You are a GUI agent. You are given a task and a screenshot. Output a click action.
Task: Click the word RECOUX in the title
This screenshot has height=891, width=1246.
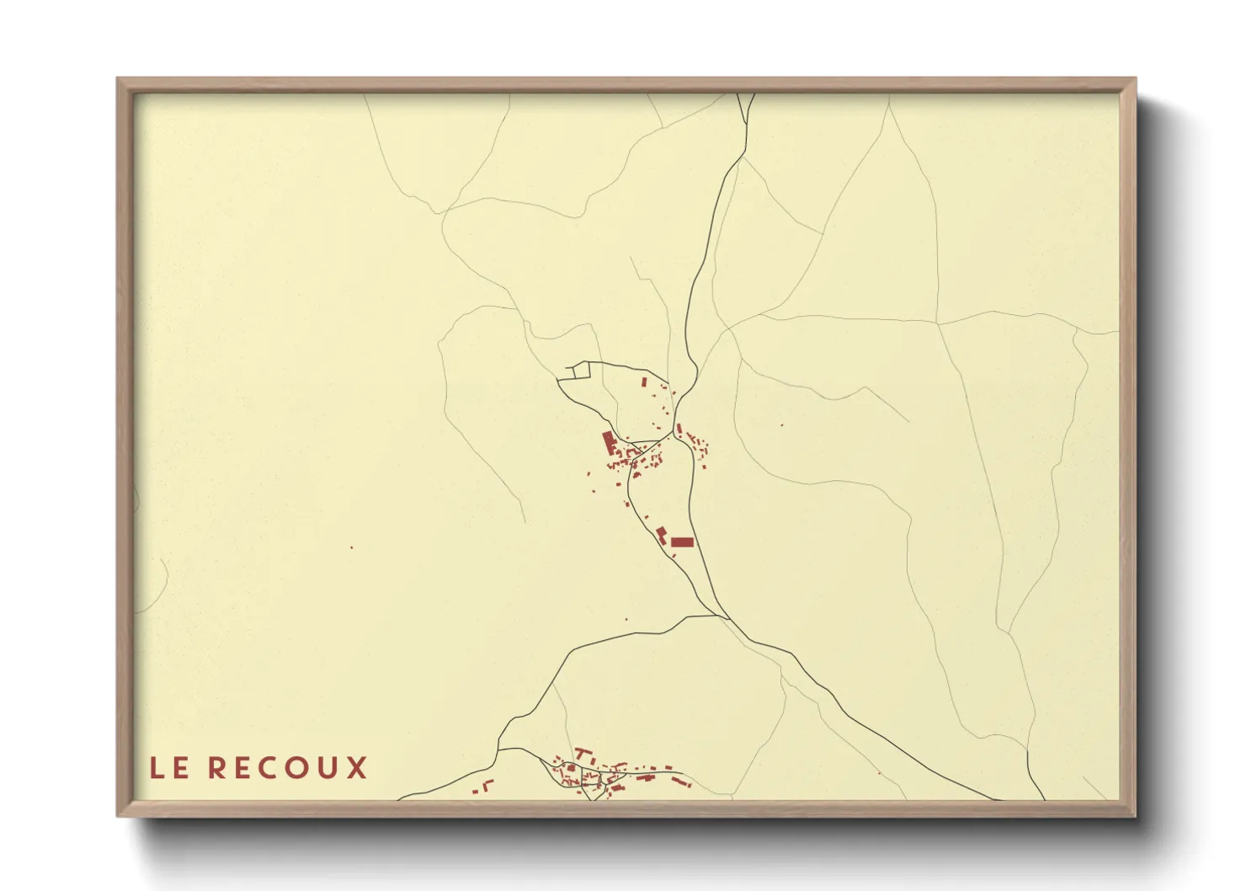pos(287,768)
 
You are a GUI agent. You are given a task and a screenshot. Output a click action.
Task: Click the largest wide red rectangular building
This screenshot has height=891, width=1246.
pos(681,542)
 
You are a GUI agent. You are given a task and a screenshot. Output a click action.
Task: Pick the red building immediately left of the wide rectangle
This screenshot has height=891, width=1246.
pos(662,534)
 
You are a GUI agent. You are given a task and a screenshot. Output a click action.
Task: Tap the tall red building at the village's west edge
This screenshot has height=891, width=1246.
pos(608,442)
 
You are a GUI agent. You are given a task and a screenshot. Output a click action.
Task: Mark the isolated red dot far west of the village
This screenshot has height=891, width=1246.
pos(352,547)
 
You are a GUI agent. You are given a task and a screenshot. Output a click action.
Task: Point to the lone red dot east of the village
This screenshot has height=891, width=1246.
pos(781,425)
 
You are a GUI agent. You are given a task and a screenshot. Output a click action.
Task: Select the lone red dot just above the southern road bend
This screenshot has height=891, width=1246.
pos(626,621)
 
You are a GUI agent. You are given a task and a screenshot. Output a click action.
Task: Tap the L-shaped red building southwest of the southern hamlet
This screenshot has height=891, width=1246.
pos(487,787)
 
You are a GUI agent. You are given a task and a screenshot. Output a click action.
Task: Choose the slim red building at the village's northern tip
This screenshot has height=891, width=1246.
pos(644,382)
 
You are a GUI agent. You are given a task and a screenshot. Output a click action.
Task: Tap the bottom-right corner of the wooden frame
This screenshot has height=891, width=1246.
pos(1134,814)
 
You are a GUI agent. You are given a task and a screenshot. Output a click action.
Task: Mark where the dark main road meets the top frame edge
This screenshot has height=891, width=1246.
pos(746,93)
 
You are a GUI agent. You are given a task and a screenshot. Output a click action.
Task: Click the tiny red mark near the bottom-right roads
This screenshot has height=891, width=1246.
pos(879,773)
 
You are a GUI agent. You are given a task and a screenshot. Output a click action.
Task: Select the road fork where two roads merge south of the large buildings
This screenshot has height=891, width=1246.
pos(724,616)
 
